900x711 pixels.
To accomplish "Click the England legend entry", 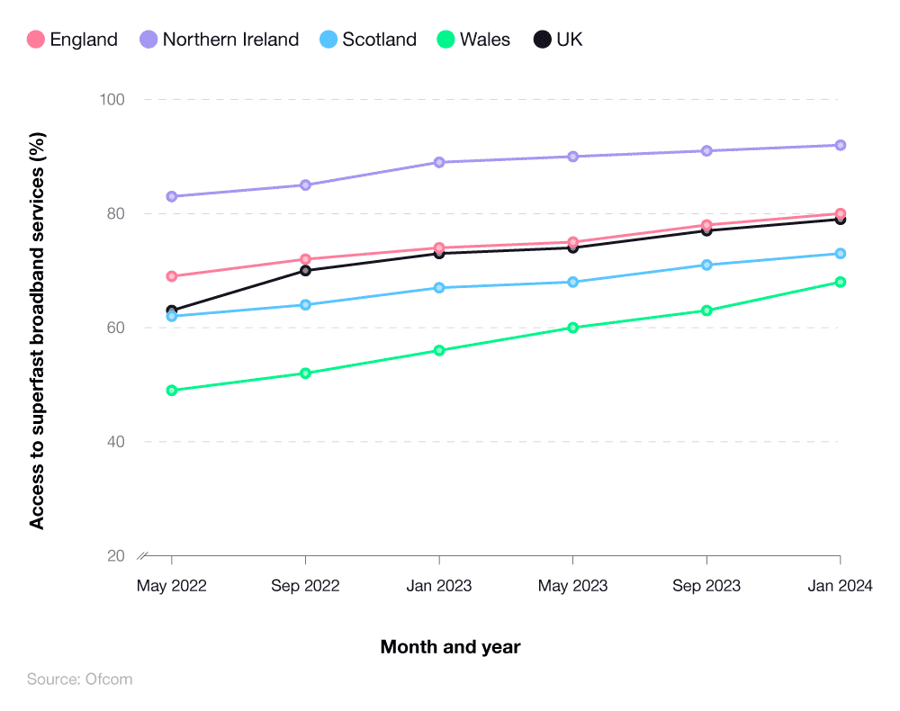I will (72, 40).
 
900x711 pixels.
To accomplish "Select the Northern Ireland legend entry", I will (220, 40).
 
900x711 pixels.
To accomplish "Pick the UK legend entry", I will (558, 40).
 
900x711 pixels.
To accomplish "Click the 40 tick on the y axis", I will (115, 442).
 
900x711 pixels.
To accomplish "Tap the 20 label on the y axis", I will (115, 556).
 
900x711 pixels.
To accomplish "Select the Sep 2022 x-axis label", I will (305, 586).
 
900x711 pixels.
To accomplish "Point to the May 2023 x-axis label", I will (572, 586).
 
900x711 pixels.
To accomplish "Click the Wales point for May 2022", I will (172, 391).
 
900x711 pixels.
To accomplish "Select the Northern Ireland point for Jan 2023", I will (439, 162).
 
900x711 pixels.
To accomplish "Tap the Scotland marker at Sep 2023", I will (706, 265).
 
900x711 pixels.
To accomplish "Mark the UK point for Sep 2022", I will (305, 270).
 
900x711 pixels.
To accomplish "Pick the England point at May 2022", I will (172, 276).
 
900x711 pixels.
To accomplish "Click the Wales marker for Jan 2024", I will (840, 282).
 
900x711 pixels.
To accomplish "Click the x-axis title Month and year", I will (450, 647).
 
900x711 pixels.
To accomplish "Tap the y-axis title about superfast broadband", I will (37, 328).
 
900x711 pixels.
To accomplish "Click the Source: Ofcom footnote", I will (79, 679).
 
